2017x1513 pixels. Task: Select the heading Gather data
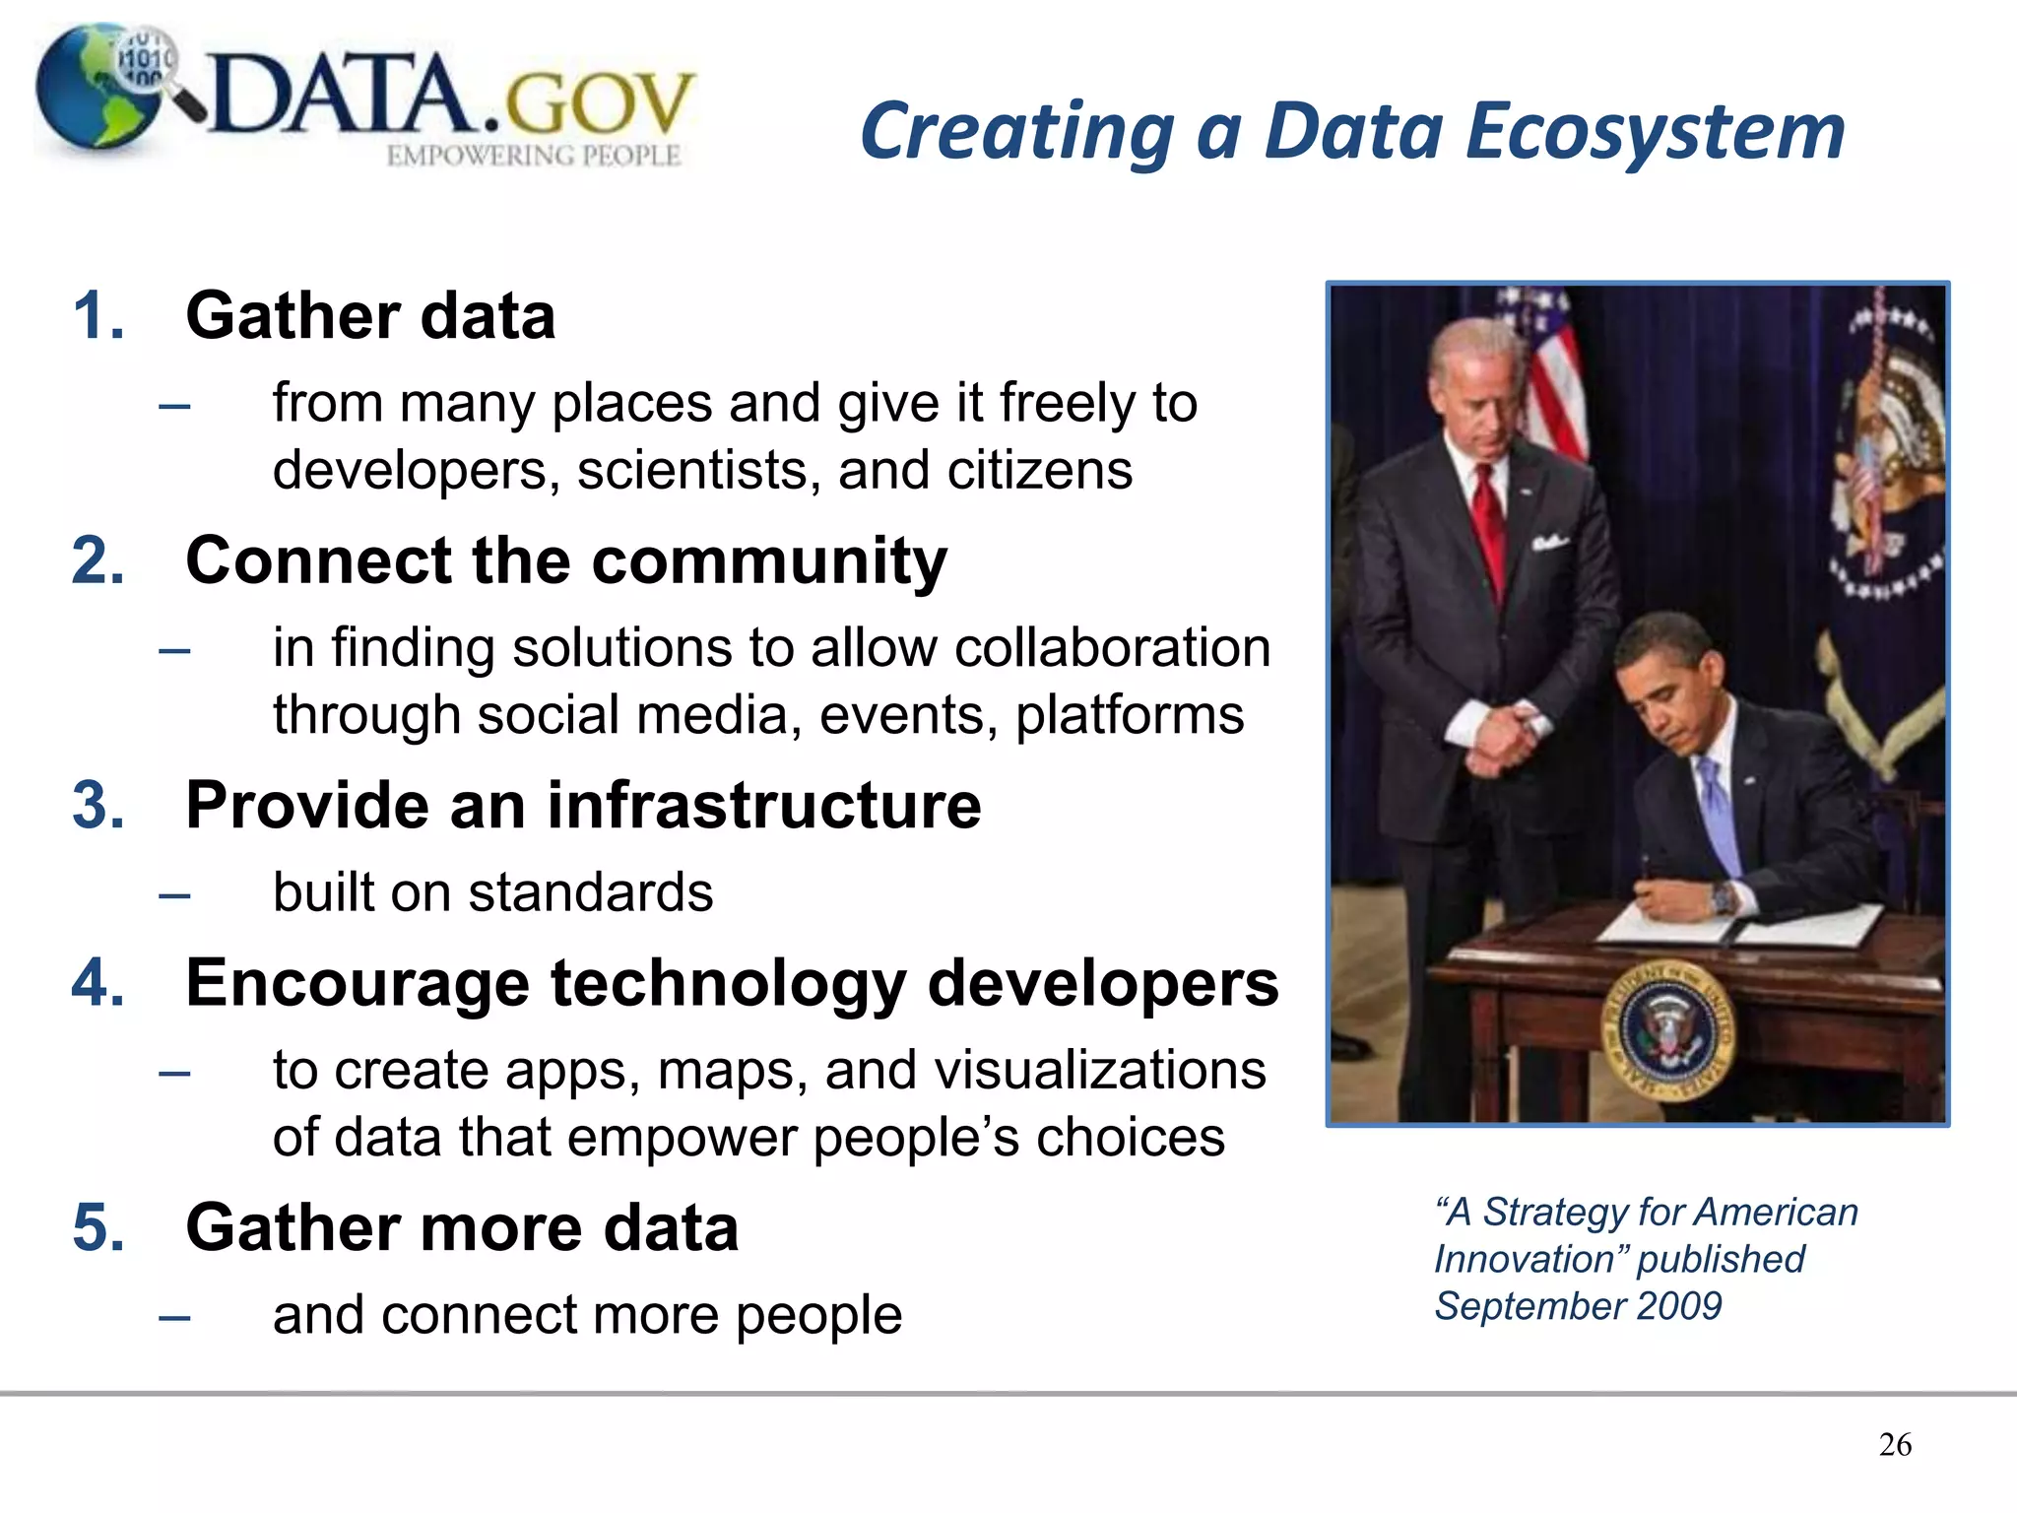click(370, 316)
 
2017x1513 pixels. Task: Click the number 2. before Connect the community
click(98, 560)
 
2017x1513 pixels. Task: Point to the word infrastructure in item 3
click(764, 805)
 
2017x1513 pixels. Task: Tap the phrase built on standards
click(492, 892)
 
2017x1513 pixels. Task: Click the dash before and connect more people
click(174, 1317)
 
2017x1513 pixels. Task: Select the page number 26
click(1895, 1445)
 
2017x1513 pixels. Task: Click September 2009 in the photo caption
click(1578, 1306)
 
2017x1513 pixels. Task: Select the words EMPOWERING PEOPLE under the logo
click(533, 156)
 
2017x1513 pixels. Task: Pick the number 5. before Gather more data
click(98, 1228)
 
